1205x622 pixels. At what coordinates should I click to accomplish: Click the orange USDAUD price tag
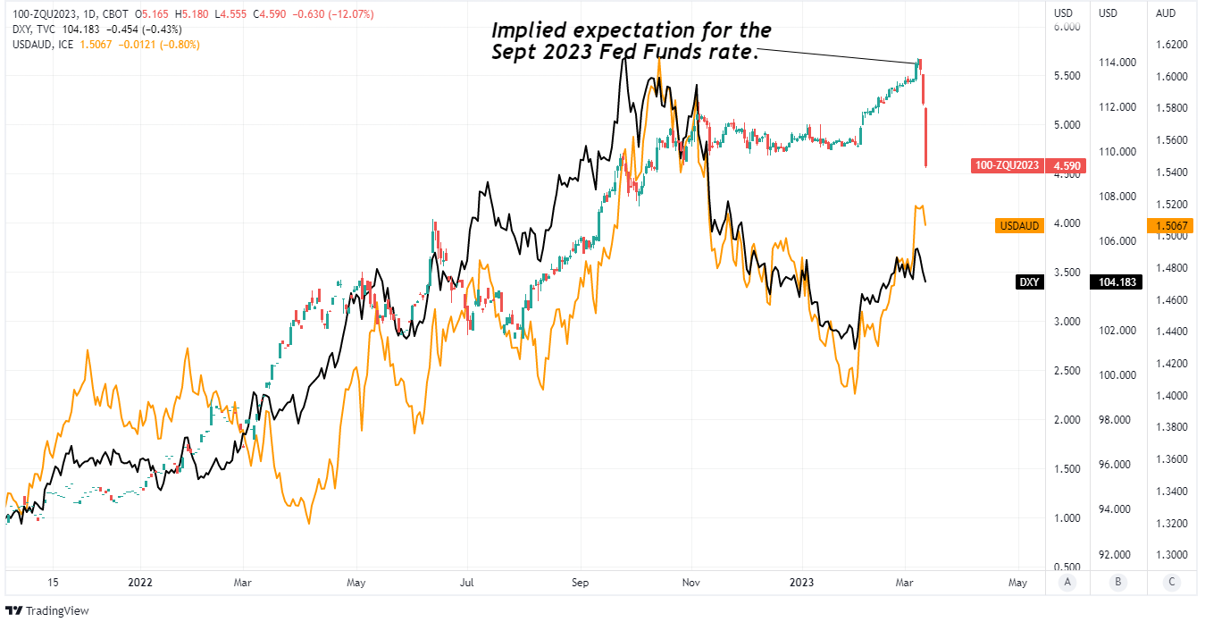click(1018, 225)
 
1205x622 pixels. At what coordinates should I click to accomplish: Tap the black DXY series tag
click(1029, 282)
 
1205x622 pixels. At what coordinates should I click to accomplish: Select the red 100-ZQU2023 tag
click(1006, 165)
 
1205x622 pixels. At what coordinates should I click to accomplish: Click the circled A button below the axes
click(1067, 583)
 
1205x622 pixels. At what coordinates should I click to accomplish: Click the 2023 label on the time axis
click(800, 583)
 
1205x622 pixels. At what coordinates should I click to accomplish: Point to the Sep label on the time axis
click(581, 583)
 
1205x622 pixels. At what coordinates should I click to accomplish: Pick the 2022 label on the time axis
click(140, 583)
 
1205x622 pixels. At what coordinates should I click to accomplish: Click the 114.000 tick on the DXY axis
click(1117, 63)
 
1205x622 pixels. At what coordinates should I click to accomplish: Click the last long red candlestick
click(927, 137)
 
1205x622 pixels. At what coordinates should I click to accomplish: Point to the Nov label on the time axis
click(689, 583)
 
